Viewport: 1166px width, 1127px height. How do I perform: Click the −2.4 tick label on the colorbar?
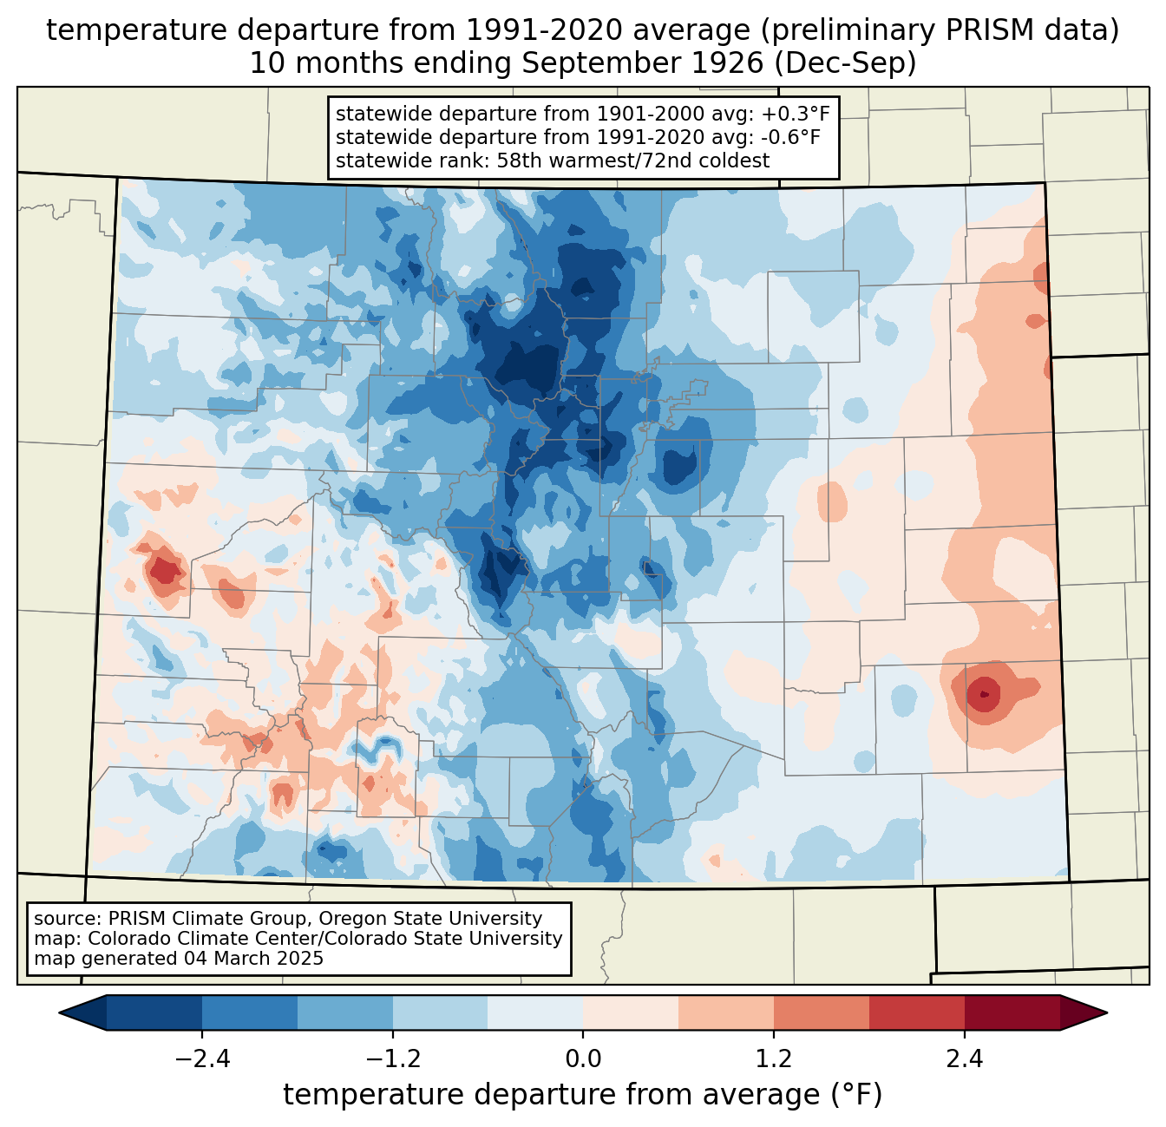click(x=201, y=1059)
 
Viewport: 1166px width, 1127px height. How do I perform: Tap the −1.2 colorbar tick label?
click(x=392, y=1059)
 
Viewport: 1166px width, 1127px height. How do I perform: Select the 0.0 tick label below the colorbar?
click(x=583, y=1059)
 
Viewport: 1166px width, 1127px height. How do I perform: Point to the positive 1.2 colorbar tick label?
click(x=774, y=1059)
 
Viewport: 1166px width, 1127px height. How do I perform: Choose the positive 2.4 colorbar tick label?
click(x=964, y=1059)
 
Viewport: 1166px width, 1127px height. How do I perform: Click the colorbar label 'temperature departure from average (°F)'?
click(x=583, y=1095)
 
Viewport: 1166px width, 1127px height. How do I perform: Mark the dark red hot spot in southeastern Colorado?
click(x=983, y=694)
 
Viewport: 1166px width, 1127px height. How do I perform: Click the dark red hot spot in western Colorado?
click(x=162, y=570)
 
